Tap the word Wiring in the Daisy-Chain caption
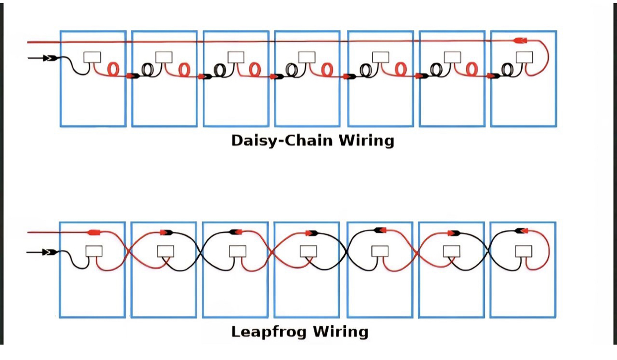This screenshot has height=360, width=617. (366, 141)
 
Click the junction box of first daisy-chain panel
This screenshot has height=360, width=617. (92, 57)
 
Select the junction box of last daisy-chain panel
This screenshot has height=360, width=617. (524, 57)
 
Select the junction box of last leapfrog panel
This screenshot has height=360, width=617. (524, 251)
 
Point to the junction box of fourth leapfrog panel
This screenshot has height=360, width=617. (308, 251)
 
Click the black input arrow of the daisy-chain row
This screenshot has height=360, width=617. (49, 58)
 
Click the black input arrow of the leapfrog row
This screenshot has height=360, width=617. (49, 252)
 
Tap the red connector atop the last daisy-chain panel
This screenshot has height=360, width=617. (520, 40)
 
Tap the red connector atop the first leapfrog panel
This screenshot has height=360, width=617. (94, 232)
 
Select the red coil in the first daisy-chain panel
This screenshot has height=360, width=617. (113, 69)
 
